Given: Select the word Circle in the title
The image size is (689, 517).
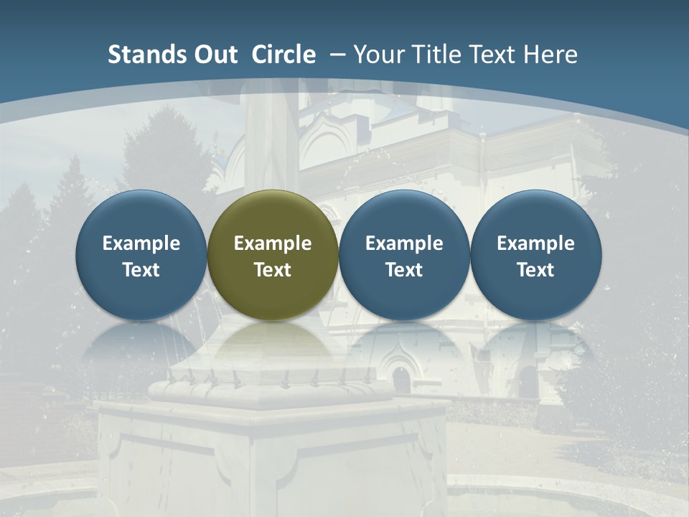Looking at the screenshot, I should click(283, 55).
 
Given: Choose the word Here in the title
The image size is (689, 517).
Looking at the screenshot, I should click(550, 55).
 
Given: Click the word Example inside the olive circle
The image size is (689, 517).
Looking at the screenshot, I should click(273, 243).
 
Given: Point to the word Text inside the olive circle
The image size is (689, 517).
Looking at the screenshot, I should click(273, 270).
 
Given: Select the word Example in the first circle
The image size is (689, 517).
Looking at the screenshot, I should click(141, 243).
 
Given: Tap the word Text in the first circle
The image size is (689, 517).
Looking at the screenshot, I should click(141, 270).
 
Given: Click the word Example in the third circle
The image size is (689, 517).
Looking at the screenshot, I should click(404, 243).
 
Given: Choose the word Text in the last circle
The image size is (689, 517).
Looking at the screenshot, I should click(535, 270).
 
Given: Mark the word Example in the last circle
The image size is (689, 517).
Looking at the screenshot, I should click(535, 243).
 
